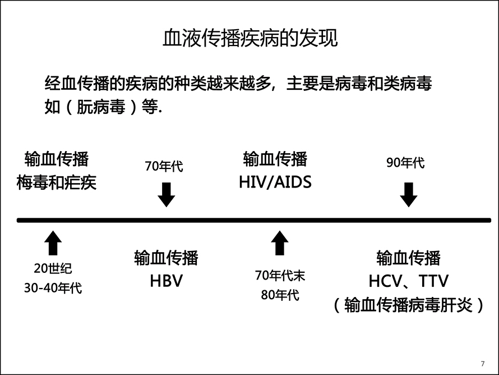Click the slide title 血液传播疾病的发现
pyautogui.click(x=250, y=38)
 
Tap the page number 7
pyautogui.click(x=483, y=364)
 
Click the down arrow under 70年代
pyautogui.click(x=167, y=195)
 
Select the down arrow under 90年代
pyautogui.click(x=409, y=195)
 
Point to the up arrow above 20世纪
pyautogui.click(x=53, y=243)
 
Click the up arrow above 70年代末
pyautogui.click(x=280, y=243)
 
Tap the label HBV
pyautogui.click(x=167, y=281)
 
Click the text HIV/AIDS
pyautogui.click(x=275, y=182)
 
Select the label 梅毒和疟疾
pyautogui.click(x=56, y=183)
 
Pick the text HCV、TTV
pyautogui.click(x=409, y=281)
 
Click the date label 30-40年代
pyautogui.click(x=53, y=288)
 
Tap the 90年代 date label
pyautogui.click(x=405, y=162)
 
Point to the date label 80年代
pyautogui.click(x=280, y=295)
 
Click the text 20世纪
pyautogui.click(x=53, y=268)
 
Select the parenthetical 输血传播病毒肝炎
pyautogui.click(x=409, y=305)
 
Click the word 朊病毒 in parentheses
pyautogui.click(x=101, y=107)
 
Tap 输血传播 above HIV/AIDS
pyautogui.click(x=275, y=159)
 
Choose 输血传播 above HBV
pyautogui.click(x=167, y=258)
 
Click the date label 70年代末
pyautogui.click(x=280, y=276)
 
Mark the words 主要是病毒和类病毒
pyautogui.click(x=359, y=84)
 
